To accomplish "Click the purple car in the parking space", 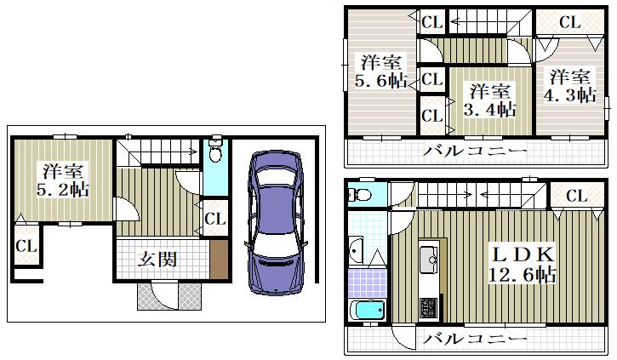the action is [x=276, y=222].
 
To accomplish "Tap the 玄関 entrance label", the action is [x=157, y=260].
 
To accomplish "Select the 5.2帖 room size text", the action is [x=63, y=190].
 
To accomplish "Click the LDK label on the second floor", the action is [x=523, y=255].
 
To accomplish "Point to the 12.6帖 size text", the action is [x=522, y=274].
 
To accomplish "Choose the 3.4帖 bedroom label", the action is [x=489, y=109].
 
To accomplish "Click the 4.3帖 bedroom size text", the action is [x=570, y=94].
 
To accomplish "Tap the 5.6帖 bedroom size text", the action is [x=381, y=81].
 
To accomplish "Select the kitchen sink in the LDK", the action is [x=429, y=260].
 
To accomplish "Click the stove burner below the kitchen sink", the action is [x=429, y=308].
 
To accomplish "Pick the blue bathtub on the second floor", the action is [x=367, y=311].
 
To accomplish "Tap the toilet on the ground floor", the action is [x=215, y=151].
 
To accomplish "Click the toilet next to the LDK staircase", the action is [x=359, y=194].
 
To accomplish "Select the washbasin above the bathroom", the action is [x=355, y=250].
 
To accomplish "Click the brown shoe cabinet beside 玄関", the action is [x=219, y=260].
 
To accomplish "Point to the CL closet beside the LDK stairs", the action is [x=576, y=196].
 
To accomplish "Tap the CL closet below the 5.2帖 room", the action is [x=26, y=246].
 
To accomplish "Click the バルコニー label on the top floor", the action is [x=475, y=151].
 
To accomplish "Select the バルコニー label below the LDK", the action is [x=475, y=339].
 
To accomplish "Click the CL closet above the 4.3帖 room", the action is [x=570, y=22].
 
